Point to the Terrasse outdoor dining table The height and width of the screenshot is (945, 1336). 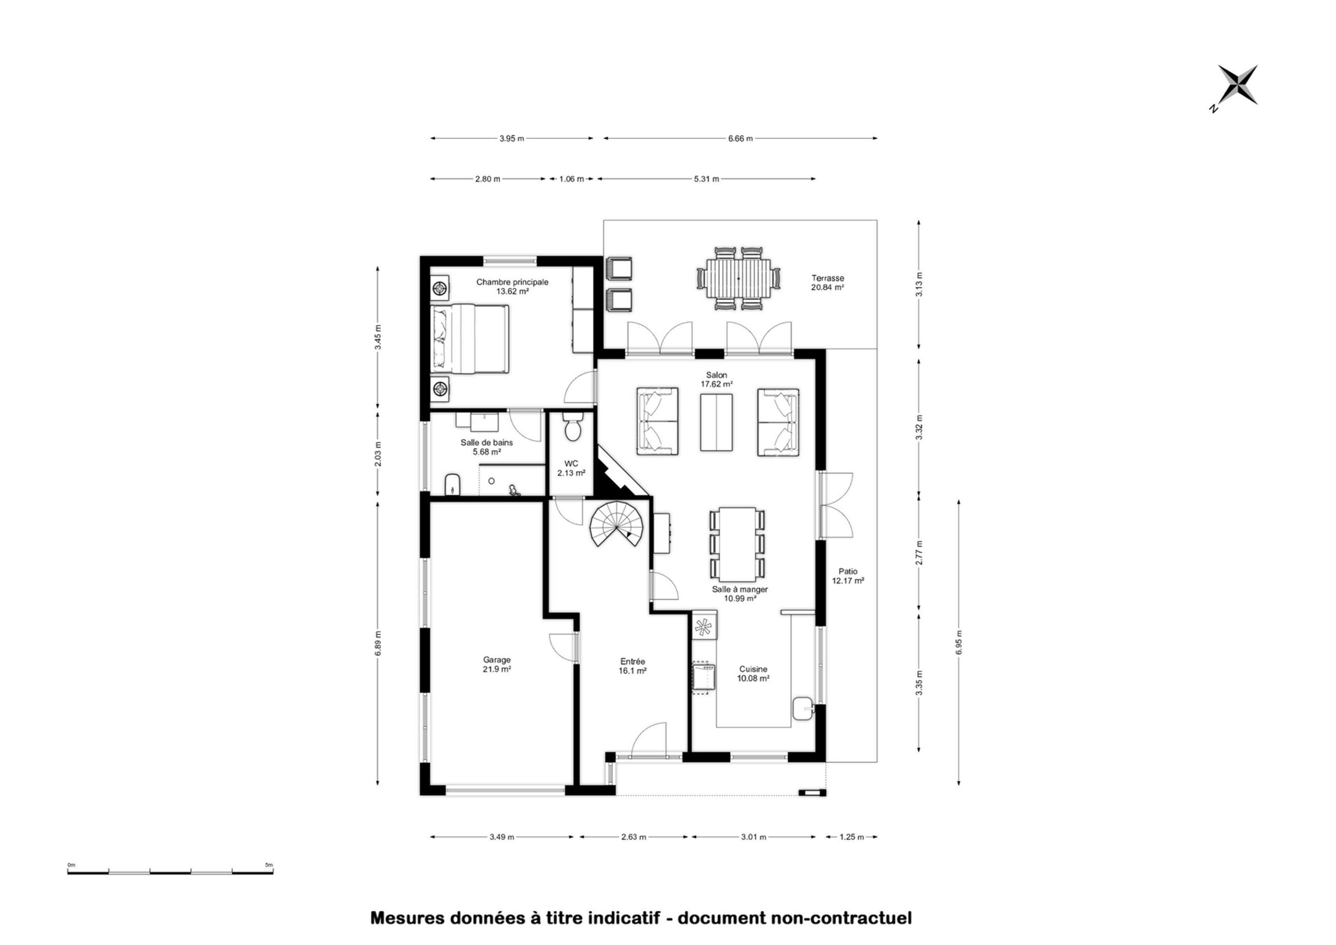point(738,278)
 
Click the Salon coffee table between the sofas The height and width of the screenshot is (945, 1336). point(716,422)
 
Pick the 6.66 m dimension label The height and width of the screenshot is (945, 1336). point(740,138)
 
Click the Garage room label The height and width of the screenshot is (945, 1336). point(496,660)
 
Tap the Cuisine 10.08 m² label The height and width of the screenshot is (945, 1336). point(753,674)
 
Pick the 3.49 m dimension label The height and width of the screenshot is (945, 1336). point(501,837)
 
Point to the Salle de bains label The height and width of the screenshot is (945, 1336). point(487,443)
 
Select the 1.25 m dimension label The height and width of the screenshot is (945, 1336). point(852,837)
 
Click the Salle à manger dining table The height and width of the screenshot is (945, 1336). point(737,544)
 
